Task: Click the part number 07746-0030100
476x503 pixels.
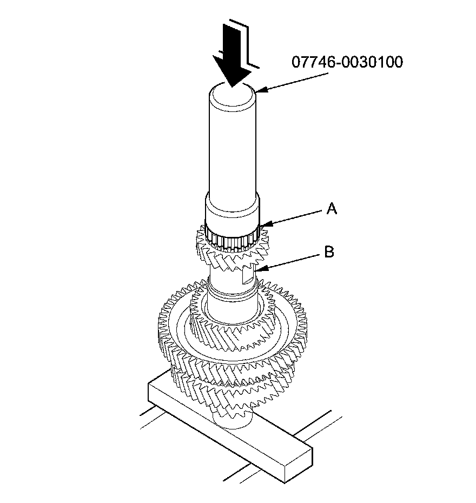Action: pyautogui.click(x=347, y=62)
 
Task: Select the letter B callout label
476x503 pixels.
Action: pyautogui.click(x=329, y=251)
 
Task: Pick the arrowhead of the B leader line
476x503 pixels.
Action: pyautogui.click(x=257, y=269)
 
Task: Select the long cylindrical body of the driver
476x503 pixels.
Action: pyautogui.click(x=233, y=151)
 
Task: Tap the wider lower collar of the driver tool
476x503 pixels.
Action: pyautogui.click(x=233, y=214)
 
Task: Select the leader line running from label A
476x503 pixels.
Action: pyautogui.click(x=295, y=217)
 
